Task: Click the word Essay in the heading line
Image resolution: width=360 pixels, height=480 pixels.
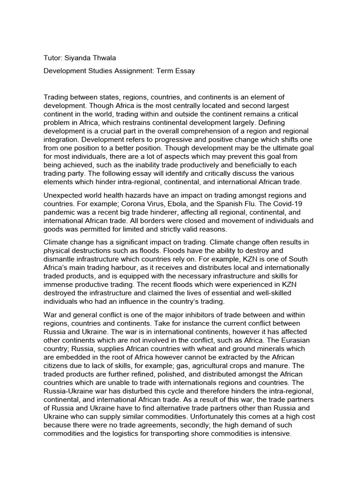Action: pyautogui.click(x=185, y=71)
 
